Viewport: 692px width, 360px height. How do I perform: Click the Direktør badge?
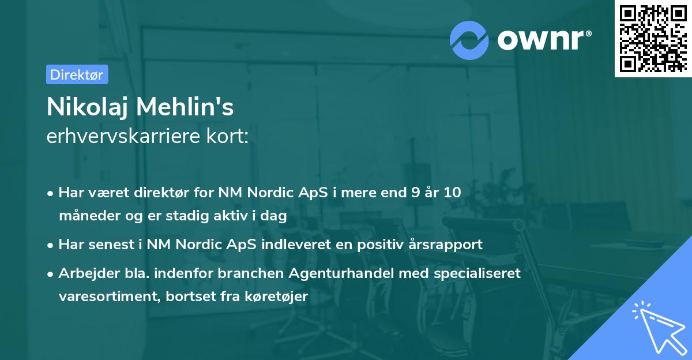point(77,74)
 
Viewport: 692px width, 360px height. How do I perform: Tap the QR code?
point(652,39)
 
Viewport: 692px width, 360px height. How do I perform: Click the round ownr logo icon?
point(469,40)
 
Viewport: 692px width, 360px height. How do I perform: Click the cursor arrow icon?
point(657,326)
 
